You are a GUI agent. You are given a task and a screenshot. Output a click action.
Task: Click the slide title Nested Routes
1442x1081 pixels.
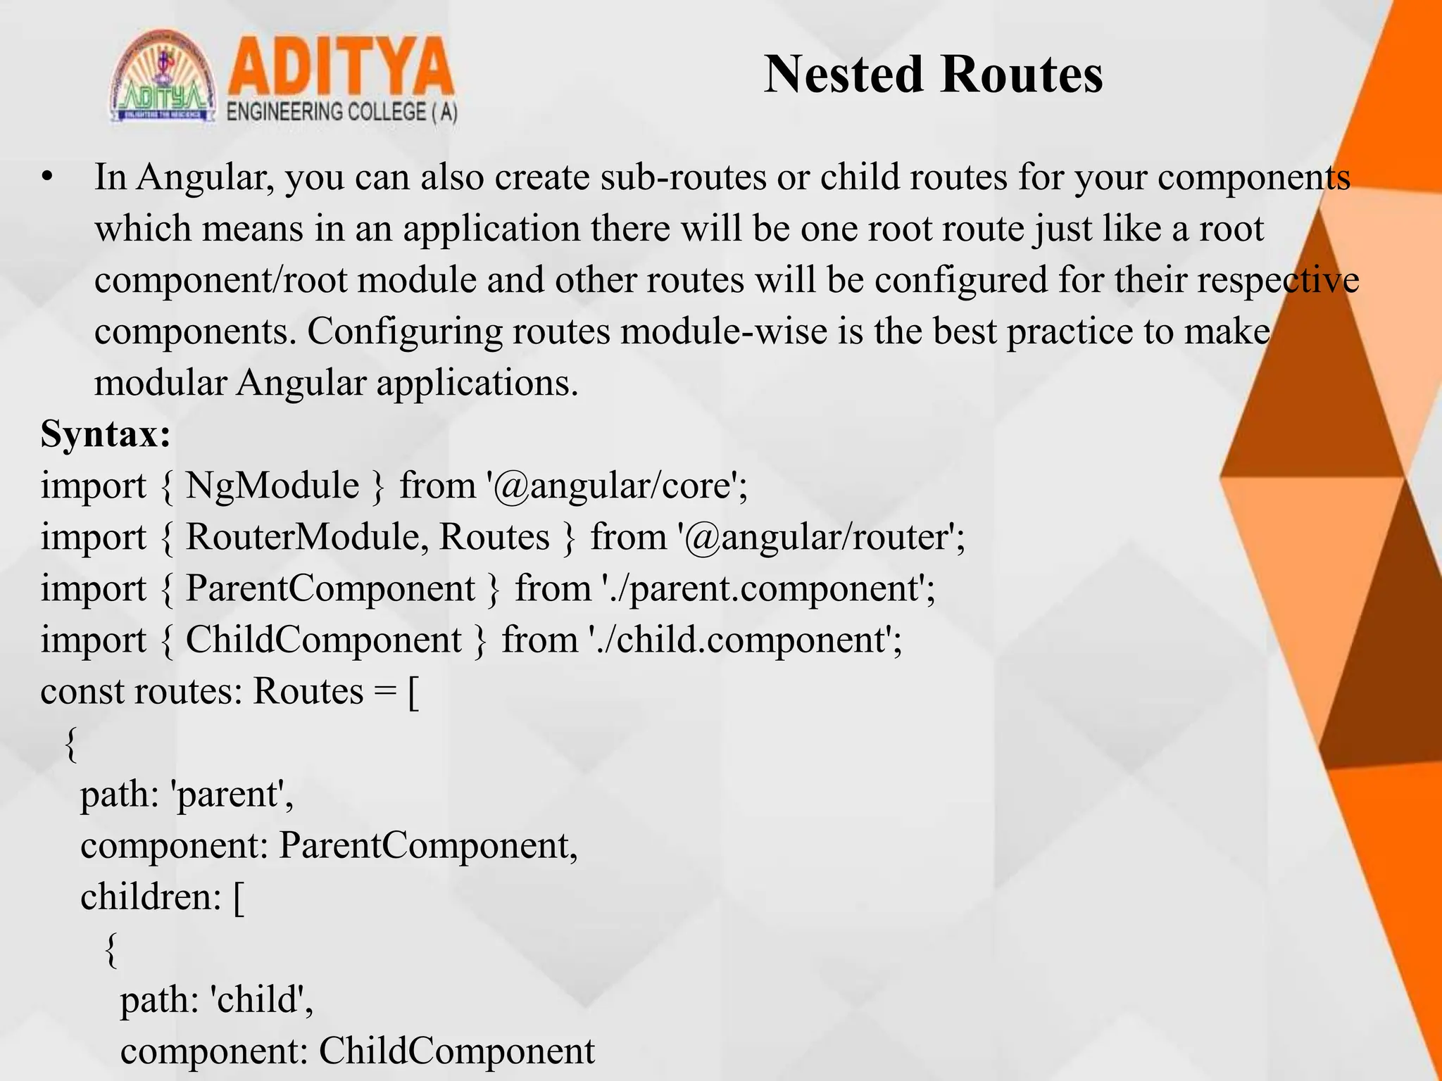933,75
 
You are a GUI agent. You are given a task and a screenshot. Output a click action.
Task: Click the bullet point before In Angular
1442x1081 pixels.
47,178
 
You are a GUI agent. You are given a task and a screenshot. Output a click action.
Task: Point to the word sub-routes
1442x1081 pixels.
683,177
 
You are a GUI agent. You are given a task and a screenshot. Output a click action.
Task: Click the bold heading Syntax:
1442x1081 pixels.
106,434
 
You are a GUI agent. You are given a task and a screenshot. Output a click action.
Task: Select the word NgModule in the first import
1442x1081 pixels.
272,486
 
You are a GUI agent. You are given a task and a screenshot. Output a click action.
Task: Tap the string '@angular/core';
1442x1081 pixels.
617,486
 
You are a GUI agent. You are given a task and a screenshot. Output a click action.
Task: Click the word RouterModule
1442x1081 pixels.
303,537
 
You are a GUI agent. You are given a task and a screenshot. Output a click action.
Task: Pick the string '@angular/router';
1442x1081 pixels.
821,537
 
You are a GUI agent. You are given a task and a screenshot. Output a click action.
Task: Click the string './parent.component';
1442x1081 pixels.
769,588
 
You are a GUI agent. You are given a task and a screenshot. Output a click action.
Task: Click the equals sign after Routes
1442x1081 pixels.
385,692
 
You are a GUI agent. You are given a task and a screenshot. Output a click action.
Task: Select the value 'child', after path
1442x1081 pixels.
261,1000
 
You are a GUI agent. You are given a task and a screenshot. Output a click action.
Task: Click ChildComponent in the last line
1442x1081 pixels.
456,1051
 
